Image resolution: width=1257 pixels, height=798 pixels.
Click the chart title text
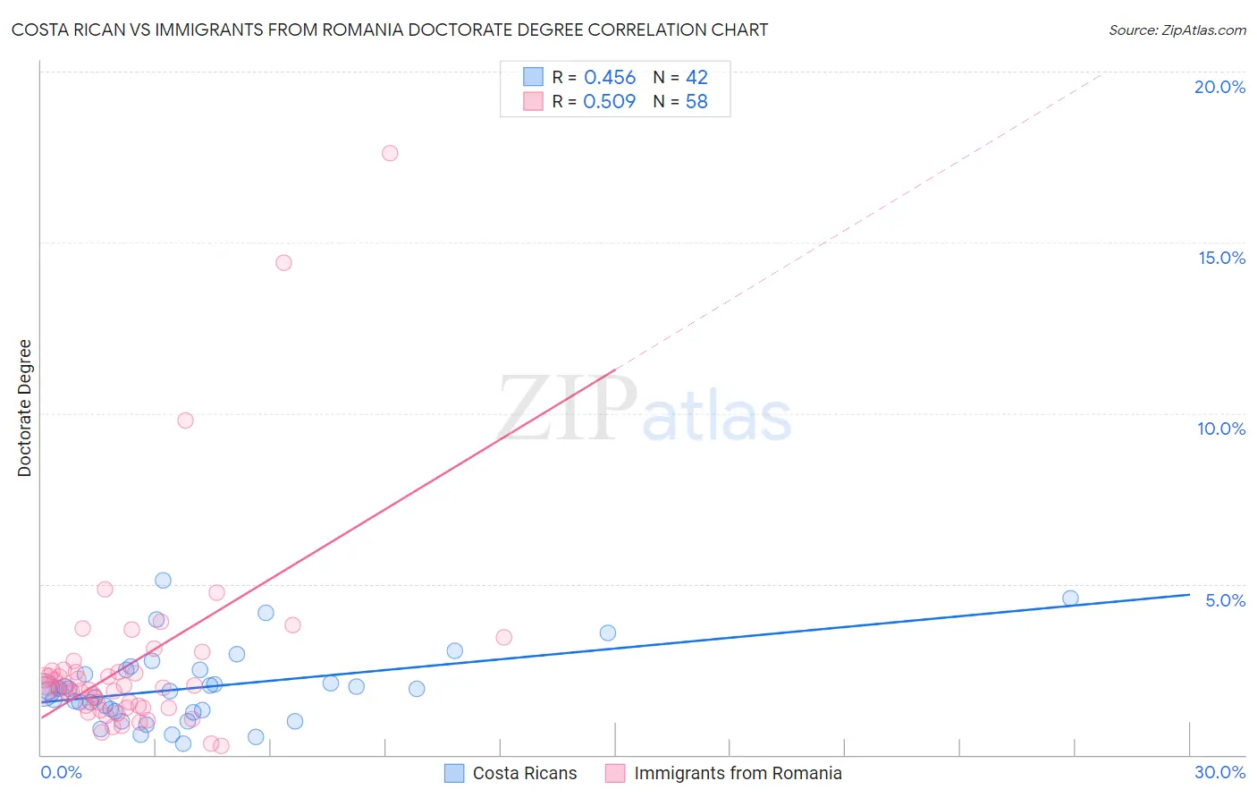coord(389,30)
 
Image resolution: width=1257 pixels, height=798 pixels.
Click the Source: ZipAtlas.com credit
coord(1177,30)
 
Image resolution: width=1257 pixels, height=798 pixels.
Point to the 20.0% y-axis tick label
coord(1219,87)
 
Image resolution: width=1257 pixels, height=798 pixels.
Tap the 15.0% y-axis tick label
coord(1221,258)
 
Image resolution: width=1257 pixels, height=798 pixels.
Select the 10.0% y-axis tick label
coord(1221,429)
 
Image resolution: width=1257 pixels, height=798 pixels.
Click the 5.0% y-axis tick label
coord(1225,600)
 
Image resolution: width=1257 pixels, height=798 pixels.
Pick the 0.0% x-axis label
coord(61,772)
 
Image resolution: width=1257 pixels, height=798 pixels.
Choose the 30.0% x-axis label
coord(1219,772)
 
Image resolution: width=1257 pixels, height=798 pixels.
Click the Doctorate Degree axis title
coord(25,408)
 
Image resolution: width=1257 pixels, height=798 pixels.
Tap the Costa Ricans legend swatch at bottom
coord(454,773)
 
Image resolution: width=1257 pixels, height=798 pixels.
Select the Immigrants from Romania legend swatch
coord(615,773)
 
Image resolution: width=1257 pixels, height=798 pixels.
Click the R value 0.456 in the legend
coord(610,78)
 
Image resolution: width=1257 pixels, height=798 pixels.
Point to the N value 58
coord(696,102)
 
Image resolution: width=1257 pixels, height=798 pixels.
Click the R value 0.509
coord(610,102)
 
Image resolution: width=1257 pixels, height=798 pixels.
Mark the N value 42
coord(696,78)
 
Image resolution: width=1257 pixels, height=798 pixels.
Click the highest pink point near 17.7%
coord(390,153)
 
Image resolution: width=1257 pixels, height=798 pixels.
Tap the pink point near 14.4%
coord(283,263)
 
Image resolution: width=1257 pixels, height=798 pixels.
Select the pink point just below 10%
coord(185,420)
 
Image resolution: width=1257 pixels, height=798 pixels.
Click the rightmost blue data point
coord(1070,598)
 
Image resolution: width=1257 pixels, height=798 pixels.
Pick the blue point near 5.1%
coord(163,581)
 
